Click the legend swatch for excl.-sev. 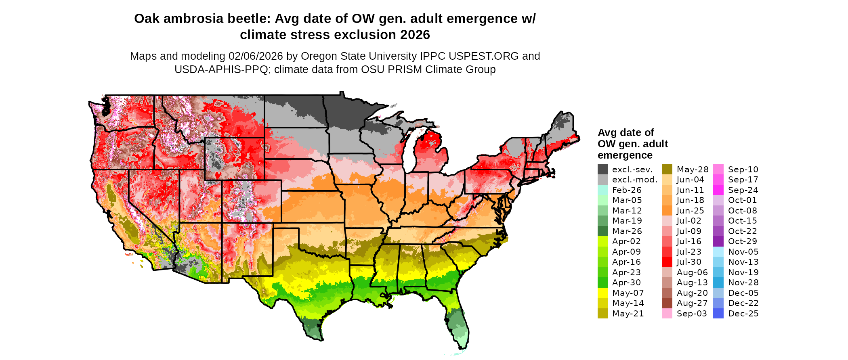pos(602,170)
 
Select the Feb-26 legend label pos(627,190)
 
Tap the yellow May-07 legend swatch pos(602,293)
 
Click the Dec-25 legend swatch pos(718,314)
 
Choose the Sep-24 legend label pos(743,190)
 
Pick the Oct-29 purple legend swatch pos(718,241)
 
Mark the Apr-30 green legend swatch pos(602,283)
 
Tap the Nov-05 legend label pos(743,252)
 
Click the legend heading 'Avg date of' pos(626,133)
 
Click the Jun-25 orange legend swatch pos(667,211)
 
